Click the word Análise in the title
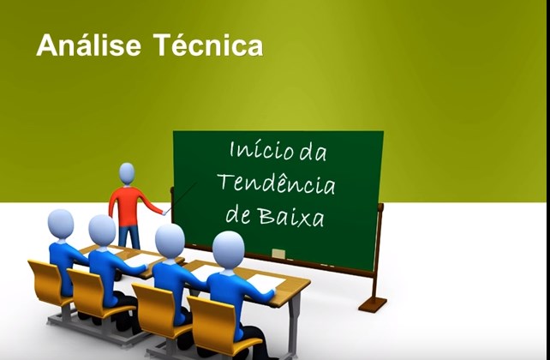[89, 45]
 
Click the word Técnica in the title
[208, 45]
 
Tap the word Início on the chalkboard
[262, 150]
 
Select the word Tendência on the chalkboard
[277, 184]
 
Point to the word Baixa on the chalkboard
[291, 215]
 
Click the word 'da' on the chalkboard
[313, 151]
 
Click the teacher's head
[127, 172]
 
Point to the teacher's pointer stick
[180, 197]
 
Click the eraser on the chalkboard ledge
[278, 254]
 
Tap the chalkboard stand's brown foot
[373, 304]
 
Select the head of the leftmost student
[61, 225]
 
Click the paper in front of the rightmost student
[266, 280]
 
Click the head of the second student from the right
[170, 240]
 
